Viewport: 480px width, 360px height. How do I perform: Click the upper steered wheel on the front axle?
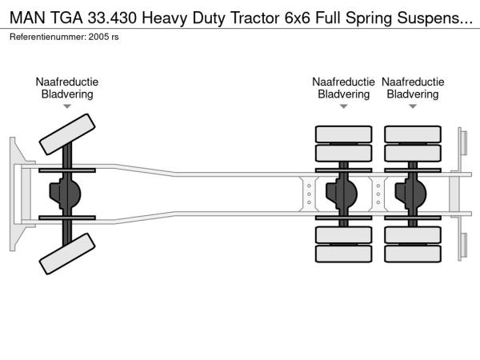[x=67, y=133]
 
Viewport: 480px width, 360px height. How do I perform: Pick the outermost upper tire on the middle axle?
[x=343, y=133]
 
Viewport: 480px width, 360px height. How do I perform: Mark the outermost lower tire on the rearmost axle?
[x=413, y=254]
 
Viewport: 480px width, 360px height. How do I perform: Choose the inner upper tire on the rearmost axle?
[x=413, y=153]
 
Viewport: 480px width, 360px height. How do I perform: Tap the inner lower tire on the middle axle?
[x=343, y=234]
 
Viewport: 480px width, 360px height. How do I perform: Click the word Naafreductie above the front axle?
[x=67, y=82]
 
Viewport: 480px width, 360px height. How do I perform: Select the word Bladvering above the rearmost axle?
[x=413, y=94]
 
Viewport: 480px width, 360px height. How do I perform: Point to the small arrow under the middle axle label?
[x=343, y=106]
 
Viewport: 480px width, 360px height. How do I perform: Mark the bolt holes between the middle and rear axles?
[x=378, y=194]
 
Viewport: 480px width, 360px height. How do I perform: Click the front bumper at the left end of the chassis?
[x=15, y=194]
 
